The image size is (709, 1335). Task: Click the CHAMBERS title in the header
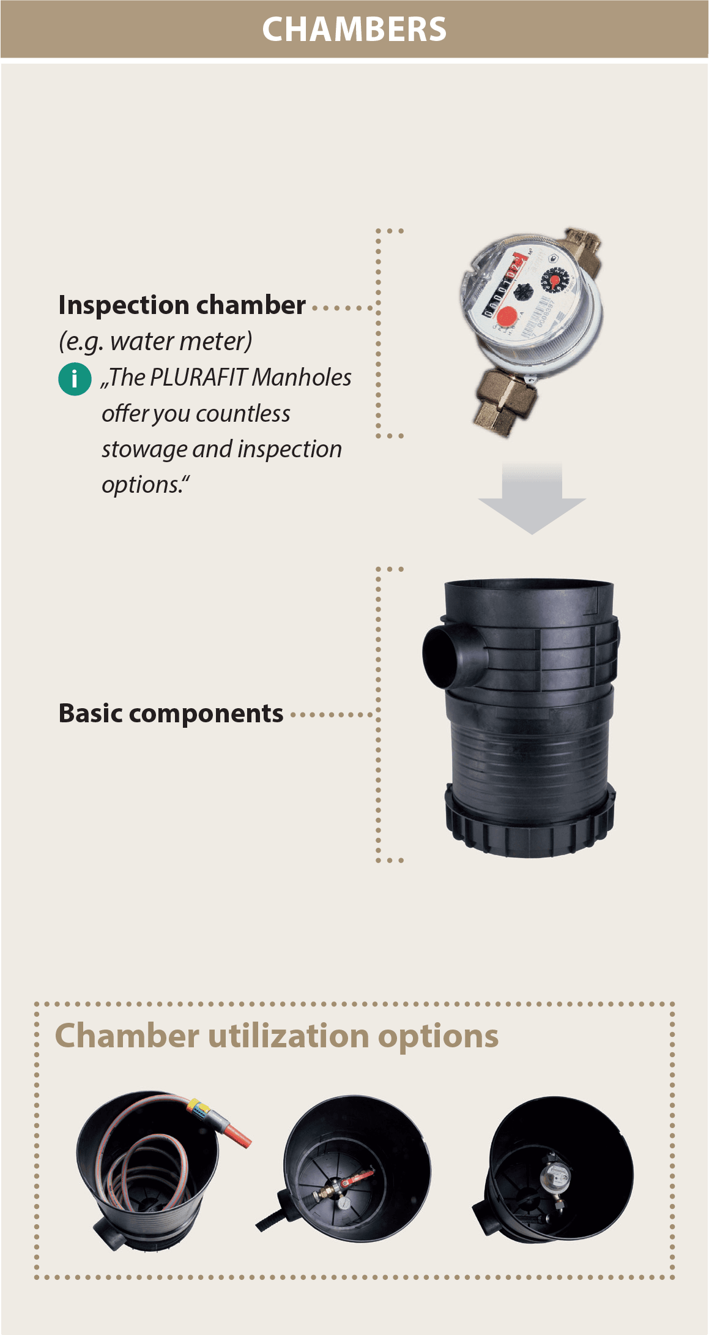[x=354, y=29]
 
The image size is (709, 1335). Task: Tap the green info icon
[x=75, y=379]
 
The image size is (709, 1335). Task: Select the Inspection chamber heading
[x=182, y=305]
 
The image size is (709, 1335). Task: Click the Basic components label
[x=171, y=713]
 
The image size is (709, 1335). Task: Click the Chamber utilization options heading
[x=277, y=1036]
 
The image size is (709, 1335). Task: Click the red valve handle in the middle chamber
[x=361, y=1175]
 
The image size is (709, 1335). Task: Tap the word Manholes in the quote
[x=302, y=378]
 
